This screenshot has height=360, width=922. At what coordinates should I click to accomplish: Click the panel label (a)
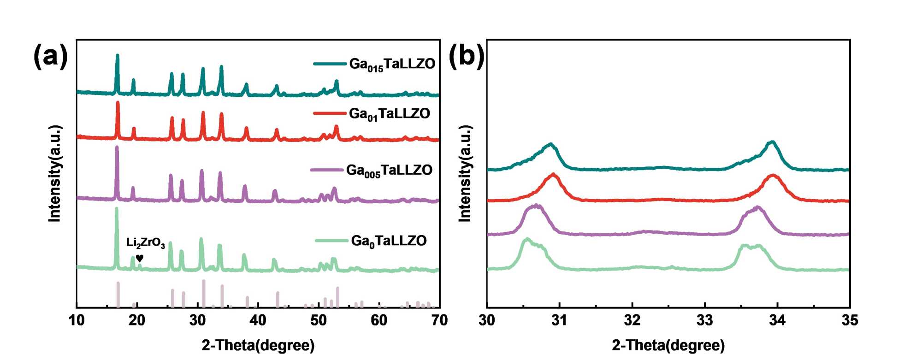51,57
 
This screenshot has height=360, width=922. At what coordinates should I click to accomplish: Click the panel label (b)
466,57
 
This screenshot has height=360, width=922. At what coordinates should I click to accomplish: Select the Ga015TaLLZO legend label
392,65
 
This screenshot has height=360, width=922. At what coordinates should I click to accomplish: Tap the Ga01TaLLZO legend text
390,114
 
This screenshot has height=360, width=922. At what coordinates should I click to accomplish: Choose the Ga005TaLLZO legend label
389,171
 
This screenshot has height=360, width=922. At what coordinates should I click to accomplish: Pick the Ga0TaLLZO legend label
389,241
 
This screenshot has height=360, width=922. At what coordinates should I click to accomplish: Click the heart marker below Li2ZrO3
139,258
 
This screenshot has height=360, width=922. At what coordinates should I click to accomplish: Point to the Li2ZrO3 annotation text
145,243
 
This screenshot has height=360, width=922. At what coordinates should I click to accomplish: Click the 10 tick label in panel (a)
77,320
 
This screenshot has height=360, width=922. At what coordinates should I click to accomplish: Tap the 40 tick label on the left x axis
258,320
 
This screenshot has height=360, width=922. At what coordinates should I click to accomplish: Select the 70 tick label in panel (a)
439,320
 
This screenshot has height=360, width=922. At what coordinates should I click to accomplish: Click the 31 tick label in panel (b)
559,320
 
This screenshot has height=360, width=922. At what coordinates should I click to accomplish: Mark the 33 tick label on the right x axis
704,320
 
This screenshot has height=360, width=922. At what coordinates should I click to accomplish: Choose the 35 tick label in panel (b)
849,320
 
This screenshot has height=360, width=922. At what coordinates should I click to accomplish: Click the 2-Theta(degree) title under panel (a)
258,345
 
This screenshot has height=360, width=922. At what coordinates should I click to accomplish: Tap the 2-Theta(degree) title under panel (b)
668,345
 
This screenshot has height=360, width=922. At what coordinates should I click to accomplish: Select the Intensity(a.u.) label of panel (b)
465,173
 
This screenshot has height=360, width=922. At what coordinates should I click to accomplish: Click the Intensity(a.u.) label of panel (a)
55,173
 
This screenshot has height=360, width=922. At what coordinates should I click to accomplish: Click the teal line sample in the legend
330,64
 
